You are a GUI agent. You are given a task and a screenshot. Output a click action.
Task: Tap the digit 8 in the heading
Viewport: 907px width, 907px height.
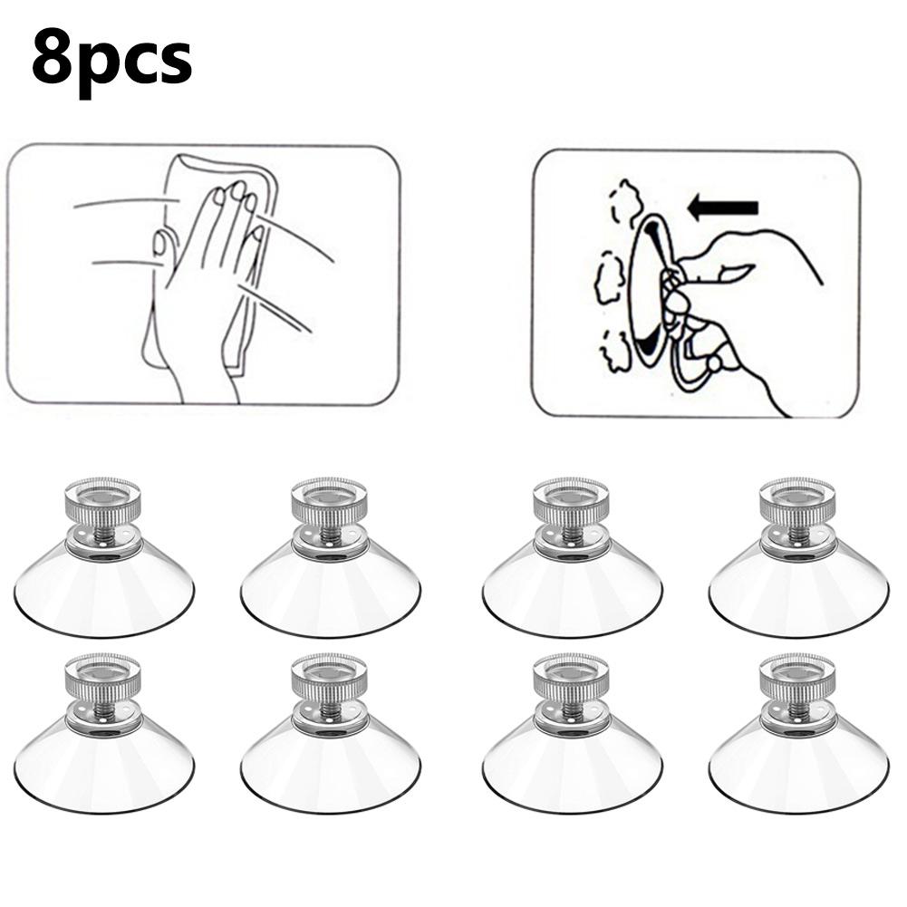pos(53,56)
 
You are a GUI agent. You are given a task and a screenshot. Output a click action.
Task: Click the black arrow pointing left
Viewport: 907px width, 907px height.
pos(721,207)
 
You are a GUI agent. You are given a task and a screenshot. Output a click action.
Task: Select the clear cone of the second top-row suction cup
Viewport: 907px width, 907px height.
pos(330,589)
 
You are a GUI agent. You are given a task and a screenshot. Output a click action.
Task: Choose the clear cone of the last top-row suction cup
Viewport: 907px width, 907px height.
pos(797,589)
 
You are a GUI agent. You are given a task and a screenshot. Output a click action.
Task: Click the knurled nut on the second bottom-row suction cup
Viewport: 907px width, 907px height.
pos(329,676)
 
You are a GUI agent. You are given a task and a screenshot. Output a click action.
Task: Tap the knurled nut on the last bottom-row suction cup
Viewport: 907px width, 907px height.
pos(797,676)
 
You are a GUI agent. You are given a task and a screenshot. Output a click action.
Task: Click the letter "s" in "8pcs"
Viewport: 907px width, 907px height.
pos(172,62)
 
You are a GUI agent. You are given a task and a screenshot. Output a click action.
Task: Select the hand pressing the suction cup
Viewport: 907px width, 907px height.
pos(752,299)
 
